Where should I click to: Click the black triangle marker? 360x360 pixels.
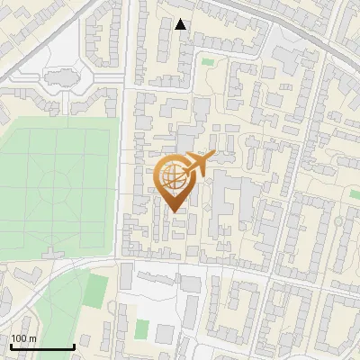[181, 24]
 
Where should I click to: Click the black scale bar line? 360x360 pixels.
[41, 346]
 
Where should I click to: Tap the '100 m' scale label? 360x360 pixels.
[24, 338]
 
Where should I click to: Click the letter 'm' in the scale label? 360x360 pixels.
[32, 338]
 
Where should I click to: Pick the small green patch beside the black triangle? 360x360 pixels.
[208, 62]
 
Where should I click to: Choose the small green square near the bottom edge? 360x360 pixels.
[141, 329]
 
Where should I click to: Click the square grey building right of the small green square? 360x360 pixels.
[189, 311]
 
